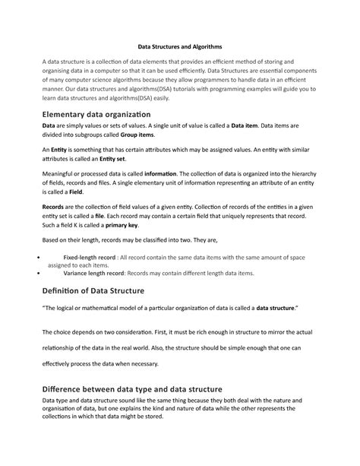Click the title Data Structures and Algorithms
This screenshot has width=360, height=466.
point(179,47)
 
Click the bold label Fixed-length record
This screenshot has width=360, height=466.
point(90,258)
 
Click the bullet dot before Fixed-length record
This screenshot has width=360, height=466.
point(38,259)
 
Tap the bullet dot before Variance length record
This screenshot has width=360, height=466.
point(38,274)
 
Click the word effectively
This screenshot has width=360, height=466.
point(59,363)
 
